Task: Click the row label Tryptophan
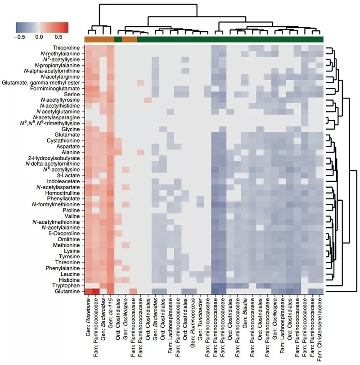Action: pos(68,286)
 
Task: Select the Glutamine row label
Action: pos(69,292)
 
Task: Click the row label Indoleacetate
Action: pos(66,181)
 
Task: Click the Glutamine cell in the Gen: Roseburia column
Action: pos(89,292)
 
